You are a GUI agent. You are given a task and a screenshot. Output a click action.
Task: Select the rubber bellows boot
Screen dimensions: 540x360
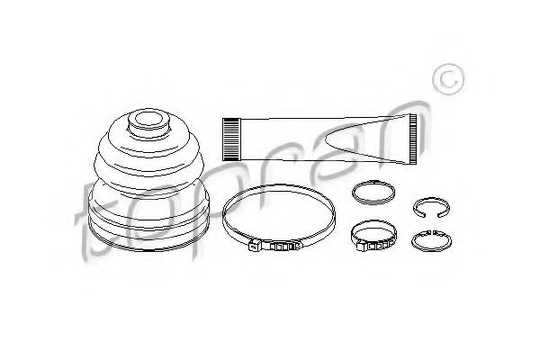pyautogui.click(x=148, y=179)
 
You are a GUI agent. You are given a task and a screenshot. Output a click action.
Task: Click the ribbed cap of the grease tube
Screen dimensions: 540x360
pyautogui.click(x=230, y=139)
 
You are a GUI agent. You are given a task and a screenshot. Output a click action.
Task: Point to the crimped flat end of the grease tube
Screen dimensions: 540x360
pyautogui.click(x=413, y=139)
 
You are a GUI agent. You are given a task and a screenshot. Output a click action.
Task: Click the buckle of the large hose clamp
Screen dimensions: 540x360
pyautogui.click(x=274, y=247)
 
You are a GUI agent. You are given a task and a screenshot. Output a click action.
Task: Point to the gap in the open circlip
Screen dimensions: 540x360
pyautogui.click(x=430, y=216)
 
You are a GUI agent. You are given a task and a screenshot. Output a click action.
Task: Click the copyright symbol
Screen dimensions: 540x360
pyautogui.click(x=449, y=79)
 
